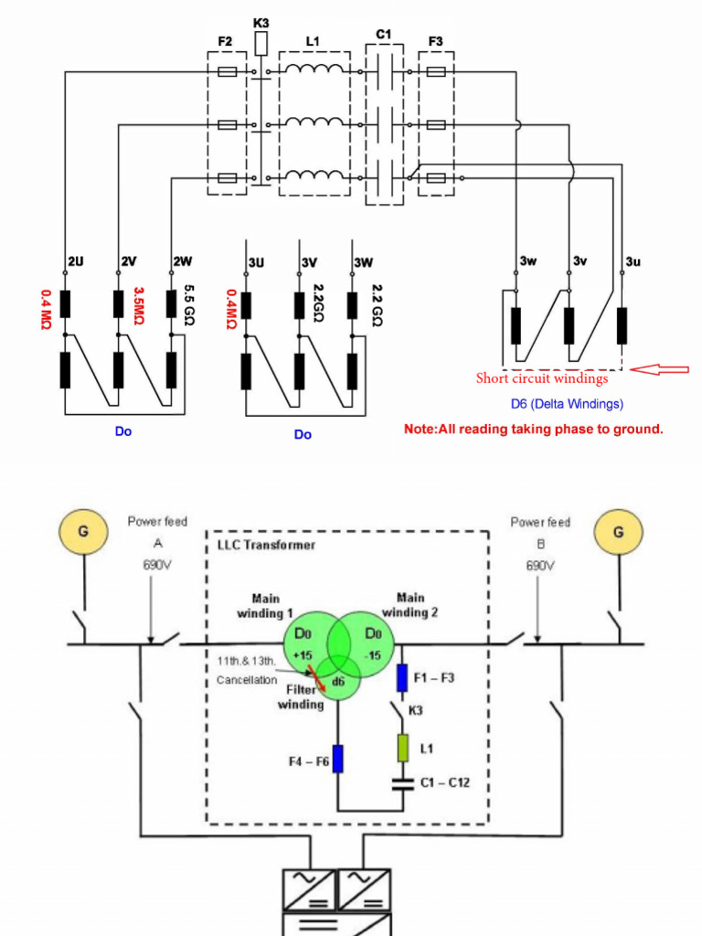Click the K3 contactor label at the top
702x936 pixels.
pos(261,22)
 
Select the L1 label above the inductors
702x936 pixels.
pos(313,41)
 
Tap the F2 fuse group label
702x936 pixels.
pos(225,41)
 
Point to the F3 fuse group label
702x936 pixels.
pos(435,41)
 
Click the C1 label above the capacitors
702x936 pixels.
pos(383,35)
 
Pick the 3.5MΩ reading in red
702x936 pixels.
pos(140,304)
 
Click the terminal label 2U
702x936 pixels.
pos(75,261)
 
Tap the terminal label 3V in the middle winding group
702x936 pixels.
pos(310,263)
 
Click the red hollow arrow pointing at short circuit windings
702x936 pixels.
pos(661,369)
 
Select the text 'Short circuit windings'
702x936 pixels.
pos(541,378)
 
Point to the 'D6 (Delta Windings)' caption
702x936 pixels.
pos(567,403)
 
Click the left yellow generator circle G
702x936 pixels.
pos(82,531)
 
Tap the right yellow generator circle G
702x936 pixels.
pos(619,531)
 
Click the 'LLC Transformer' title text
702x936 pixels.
pos(266,545)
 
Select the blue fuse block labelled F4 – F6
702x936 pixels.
pos(337,759)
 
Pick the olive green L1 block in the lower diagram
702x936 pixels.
pos(401,749)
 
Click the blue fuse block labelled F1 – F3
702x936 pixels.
pos(401,677)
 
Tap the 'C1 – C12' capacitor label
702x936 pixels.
pos(445,782)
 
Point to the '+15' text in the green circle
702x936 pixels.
pos(303,654)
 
